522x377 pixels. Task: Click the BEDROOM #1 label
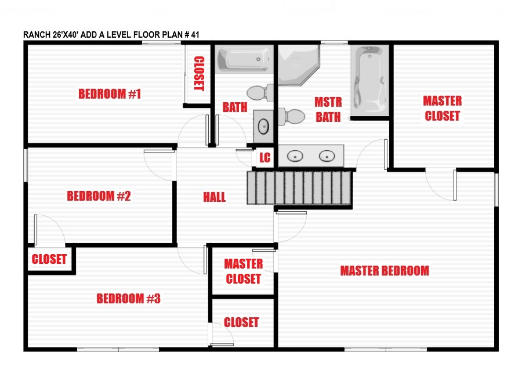[110, 94]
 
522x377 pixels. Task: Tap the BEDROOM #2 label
[99, 196]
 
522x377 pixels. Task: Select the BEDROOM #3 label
[129, 298]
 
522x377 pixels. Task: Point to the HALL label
[215, 197]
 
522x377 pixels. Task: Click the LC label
[265, 158]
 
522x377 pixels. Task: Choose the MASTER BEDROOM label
[385, 271]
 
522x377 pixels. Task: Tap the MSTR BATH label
[328, 110]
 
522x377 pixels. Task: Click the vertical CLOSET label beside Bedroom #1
[199, 73]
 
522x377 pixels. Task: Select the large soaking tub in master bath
[370, 80]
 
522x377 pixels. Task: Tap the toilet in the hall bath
[260, 93]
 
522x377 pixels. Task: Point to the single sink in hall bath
[264, 126]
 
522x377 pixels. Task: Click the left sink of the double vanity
[295, 156]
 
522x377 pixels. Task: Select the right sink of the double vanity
[327, 156]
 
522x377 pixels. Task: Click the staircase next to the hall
[299, 188]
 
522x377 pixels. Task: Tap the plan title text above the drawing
[111, 35]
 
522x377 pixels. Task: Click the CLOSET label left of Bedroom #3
[49, 259]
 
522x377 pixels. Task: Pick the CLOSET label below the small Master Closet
[241, 322]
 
